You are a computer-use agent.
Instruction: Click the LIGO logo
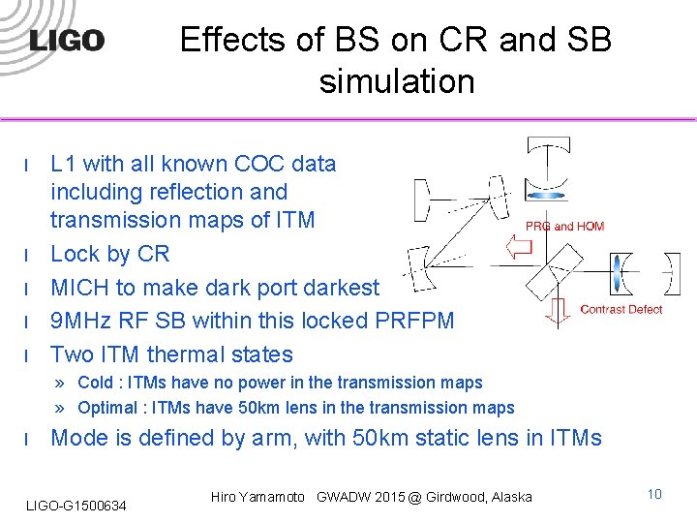[67, 41]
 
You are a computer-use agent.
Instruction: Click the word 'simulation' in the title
[397, 81]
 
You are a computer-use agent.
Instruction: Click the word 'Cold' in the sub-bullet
[96, 383]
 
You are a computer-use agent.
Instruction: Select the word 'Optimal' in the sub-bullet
[106, 408]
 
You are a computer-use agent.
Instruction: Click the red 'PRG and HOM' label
[564, 226]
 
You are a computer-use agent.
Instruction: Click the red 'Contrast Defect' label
[621, 310]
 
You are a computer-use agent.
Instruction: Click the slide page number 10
[654, 494]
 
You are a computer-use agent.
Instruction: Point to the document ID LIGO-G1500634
[76, 506]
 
